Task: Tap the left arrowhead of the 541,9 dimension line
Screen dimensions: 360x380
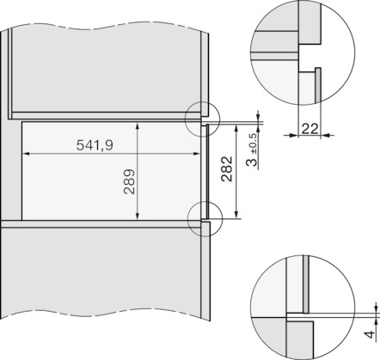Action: point(24,155)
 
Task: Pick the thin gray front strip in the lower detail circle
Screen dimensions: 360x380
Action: point(304,283)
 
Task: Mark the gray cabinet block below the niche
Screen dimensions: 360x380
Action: point(103,284)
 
